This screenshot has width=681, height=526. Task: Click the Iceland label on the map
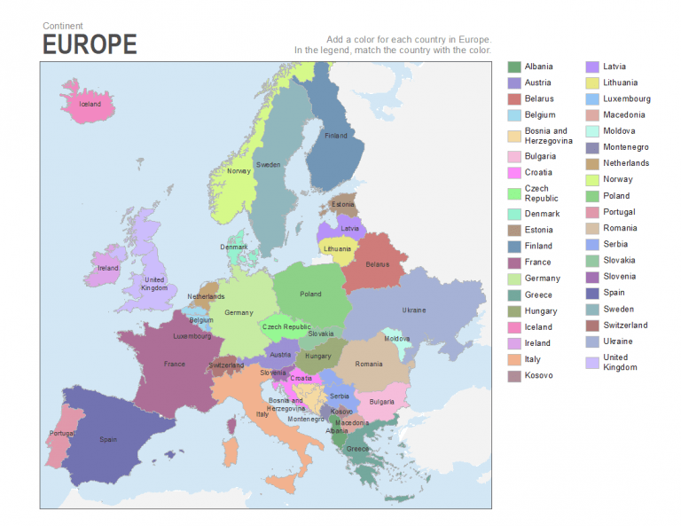[x=90, y=104]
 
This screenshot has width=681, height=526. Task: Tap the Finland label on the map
[x=336, y=136]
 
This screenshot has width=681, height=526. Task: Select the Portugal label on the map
[x=62, y=434]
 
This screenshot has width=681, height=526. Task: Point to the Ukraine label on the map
[x=414, y=310]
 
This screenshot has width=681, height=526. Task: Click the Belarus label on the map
[x=378, y=264]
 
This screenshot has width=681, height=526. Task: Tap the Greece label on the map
[x=358, y=449]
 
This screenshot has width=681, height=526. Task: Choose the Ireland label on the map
[x=108, y=268]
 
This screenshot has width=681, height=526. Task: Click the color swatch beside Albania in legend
[x=513, y=67]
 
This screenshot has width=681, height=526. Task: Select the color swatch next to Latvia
[x=591, y=67]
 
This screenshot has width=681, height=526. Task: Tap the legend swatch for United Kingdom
[x=591, y=362]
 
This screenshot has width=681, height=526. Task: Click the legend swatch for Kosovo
[x=513, y=376]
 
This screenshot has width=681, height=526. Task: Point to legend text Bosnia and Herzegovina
[x=548, y=136]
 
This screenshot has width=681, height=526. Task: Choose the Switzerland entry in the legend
[x=624, y=325]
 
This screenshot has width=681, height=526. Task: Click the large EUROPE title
[x=90, y=44]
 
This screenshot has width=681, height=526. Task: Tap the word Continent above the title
[x=63, y=26]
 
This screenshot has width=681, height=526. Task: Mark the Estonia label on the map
[x=342, y=205]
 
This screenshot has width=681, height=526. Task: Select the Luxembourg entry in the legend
[x=626, y=98]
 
